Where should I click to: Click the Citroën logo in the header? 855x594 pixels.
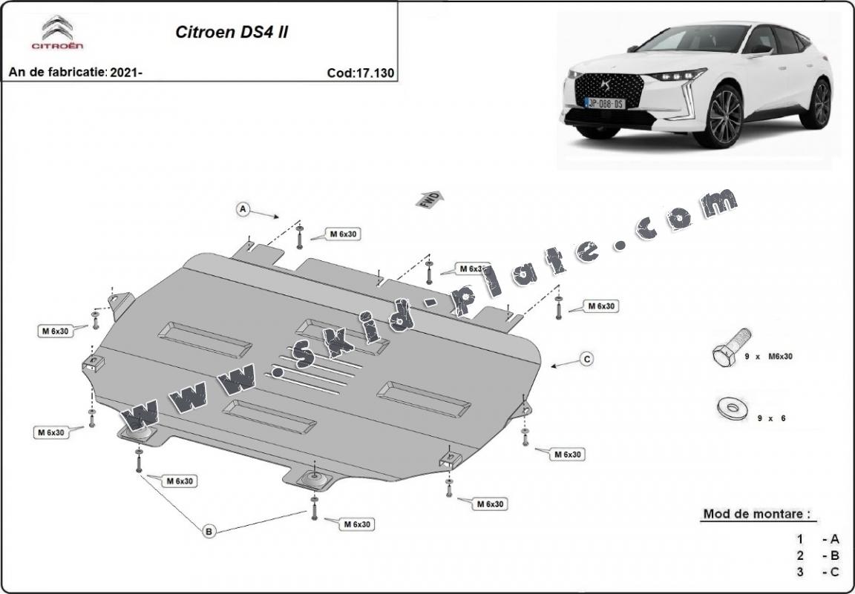(57, 33)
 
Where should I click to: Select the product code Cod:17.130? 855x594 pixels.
(360, 73)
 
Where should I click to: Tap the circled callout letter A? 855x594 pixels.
(242, 210)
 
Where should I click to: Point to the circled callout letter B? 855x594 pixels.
(209, 530)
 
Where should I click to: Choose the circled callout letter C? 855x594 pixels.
(586, 360)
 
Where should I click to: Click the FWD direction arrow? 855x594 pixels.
(430, 199)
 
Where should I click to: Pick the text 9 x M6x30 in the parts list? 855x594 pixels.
(768, 357)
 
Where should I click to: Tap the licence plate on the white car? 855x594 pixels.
(605, 103)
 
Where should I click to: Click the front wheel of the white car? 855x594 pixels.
(718, 116)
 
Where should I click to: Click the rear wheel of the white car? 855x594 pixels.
(819, 104)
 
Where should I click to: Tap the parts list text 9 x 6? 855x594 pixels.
(771, 418)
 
